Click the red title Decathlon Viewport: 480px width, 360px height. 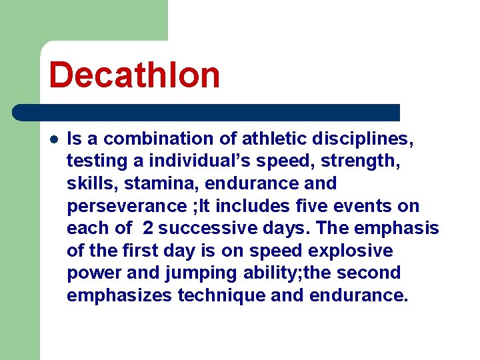[x=134, y=74]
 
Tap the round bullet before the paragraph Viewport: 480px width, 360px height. [x=54, y=139]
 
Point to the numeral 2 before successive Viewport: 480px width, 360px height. [x=148, y=229]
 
